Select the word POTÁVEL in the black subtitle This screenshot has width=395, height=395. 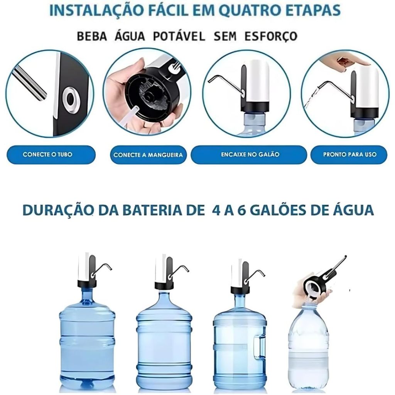[x=179, y=36]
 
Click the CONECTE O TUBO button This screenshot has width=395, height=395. [x=51, y=154]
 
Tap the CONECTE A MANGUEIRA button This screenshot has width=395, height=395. [x=149, y=155]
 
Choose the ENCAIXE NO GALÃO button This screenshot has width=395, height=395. [x=249, y=154]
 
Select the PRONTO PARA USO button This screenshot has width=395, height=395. [x=349, y=154]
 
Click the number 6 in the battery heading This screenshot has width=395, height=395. [x=241, y=210]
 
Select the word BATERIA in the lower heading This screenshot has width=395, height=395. [x=150, y=210]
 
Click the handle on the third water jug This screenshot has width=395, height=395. [x=259, y=347]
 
